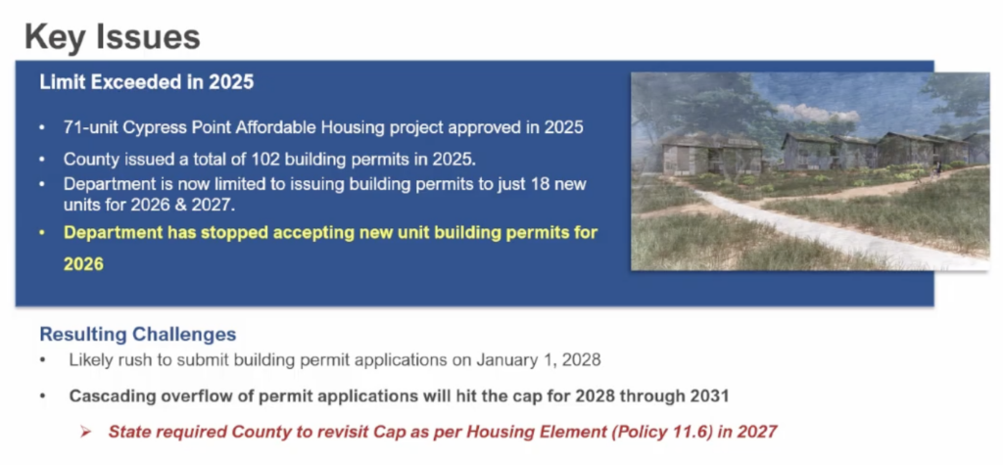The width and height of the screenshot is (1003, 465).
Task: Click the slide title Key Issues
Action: [x=113, y=36]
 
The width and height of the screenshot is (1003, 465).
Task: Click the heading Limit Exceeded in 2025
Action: [x=147, y=82]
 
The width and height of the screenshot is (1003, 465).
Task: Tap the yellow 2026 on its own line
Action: [x=83, y=263]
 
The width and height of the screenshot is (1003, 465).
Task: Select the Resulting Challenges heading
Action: [x=137, y=334]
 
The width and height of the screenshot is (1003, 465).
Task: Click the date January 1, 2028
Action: [x=538, y=359]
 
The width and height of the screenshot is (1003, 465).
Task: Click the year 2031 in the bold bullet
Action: [x=709, y=395]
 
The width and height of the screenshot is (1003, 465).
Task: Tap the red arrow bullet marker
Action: [x=86, y=432]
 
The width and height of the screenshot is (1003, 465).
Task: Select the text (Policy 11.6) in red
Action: [x=661, y=432]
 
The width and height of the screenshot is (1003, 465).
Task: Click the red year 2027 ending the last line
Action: [x=757, y=432]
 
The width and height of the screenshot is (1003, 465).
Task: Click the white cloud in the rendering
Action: [x=818, y=114]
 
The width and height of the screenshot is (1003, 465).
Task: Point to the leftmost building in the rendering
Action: [x=711, y=154]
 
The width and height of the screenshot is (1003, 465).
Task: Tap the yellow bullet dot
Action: [x=42, y=233]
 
